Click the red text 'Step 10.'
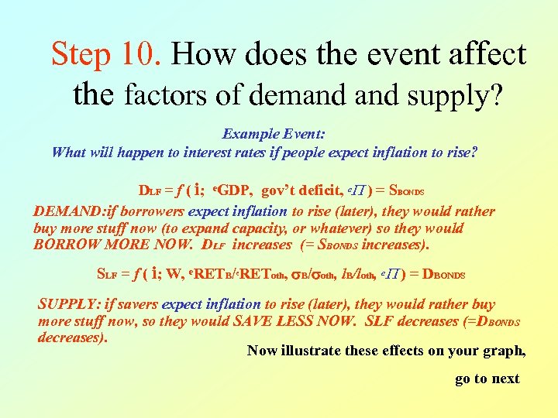tap(107, 54)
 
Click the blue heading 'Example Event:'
tap(274, 134)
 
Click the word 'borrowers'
tap(151, 211)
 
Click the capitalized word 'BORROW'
tap(64, 245)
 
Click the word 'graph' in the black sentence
tap(502, 351)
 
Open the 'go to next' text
tap(487, 379)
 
